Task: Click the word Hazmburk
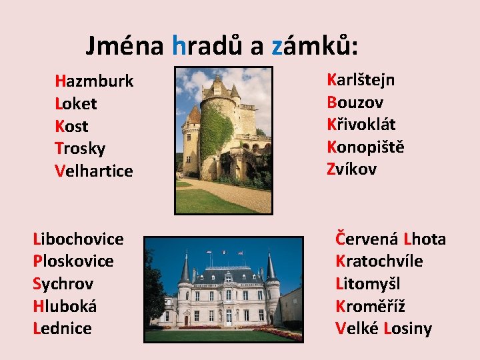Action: coord(94,81)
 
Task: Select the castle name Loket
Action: coord(76,104)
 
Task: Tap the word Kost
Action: coord(72,127)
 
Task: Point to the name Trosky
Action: coord(80,149)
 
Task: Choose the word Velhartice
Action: coord(94,171)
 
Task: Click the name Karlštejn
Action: coord(361,80)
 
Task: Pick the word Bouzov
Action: coord(355,103)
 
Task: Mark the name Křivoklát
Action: coord(361,125)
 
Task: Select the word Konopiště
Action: coord(365,147)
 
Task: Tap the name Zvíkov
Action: coord(351,169)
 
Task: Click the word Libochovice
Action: coord(78,239)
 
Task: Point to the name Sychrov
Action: coord(63,283)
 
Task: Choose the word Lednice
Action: coord(62,328)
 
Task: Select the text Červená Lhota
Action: coord(391,239)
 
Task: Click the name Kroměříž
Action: coord(370,306)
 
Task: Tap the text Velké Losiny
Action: coord(383,329)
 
